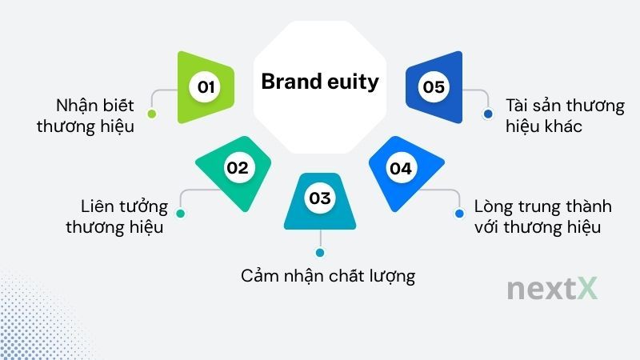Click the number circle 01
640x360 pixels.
pyautogui.click(x=206, y=86)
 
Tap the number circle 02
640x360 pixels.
pyautogui.click(x=238, y=168)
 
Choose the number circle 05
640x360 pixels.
pyautogui.click(x=434, y=86)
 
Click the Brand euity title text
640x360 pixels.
pyautogui.click(x=320, y=82)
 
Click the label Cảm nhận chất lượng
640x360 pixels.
pyautogui.click(x=328, y=276)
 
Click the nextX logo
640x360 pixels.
pyautogui.click(x=552, y=290)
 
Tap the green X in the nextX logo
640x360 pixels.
pyautogui.click(x=586, y=290)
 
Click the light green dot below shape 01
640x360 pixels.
pyautogui.click(x=152, y=114)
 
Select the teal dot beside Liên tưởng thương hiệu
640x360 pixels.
pyautogui.click(x=180, y=214)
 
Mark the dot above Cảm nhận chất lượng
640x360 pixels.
pyautogui.click(x=320, y=253)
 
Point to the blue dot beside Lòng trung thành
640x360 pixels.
pyautogui.click(x=459, y=214)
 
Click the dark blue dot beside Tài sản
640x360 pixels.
pyautogui.click(x=487, y=114)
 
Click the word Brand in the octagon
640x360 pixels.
pyautogui.click(x=289, y=82)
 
